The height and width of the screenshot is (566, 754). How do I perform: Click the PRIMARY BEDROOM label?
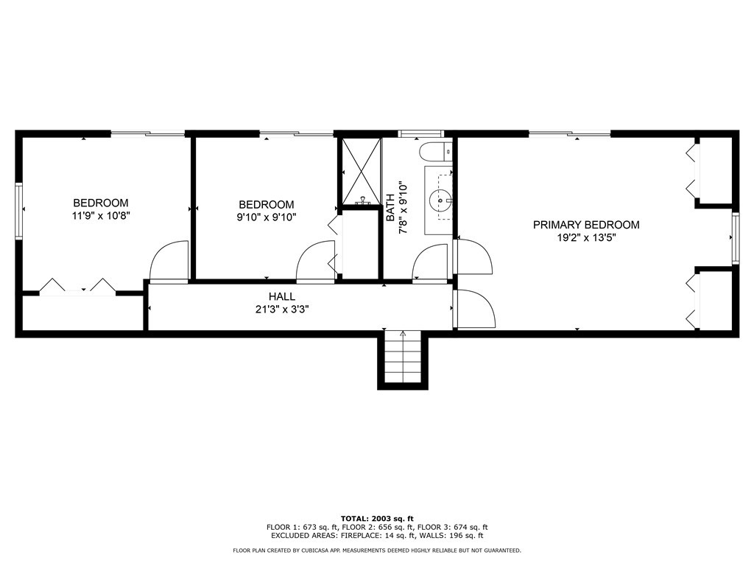click(586, 225)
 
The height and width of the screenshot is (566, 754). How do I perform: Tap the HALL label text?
click(282, 296)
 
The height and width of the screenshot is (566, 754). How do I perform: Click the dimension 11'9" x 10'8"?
click(101, 217)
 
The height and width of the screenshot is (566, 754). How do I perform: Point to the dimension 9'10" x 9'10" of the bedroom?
click(266, 217)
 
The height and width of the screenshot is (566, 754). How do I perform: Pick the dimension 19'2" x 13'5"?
click(586, 238)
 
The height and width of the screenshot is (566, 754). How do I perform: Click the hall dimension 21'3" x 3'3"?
click(282, 310)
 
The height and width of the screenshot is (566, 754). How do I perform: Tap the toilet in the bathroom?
click(434, 153)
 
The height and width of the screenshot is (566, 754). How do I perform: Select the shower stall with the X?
click(360, 172)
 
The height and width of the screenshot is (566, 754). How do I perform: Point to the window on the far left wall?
click(20, 210)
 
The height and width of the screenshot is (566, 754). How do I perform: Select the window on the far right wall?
click(735, 237)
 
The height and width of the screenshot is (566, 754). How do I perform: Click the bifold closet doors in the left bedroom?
click(77, 287)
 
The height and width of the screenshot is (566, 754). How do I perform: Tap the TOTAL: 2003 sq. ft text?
click(377, 518)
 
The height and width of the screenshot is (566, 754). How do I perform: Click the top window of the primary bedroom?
click(569, 134)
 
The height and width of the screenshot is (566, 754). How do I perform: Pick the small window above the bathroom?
click(420, 134)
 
